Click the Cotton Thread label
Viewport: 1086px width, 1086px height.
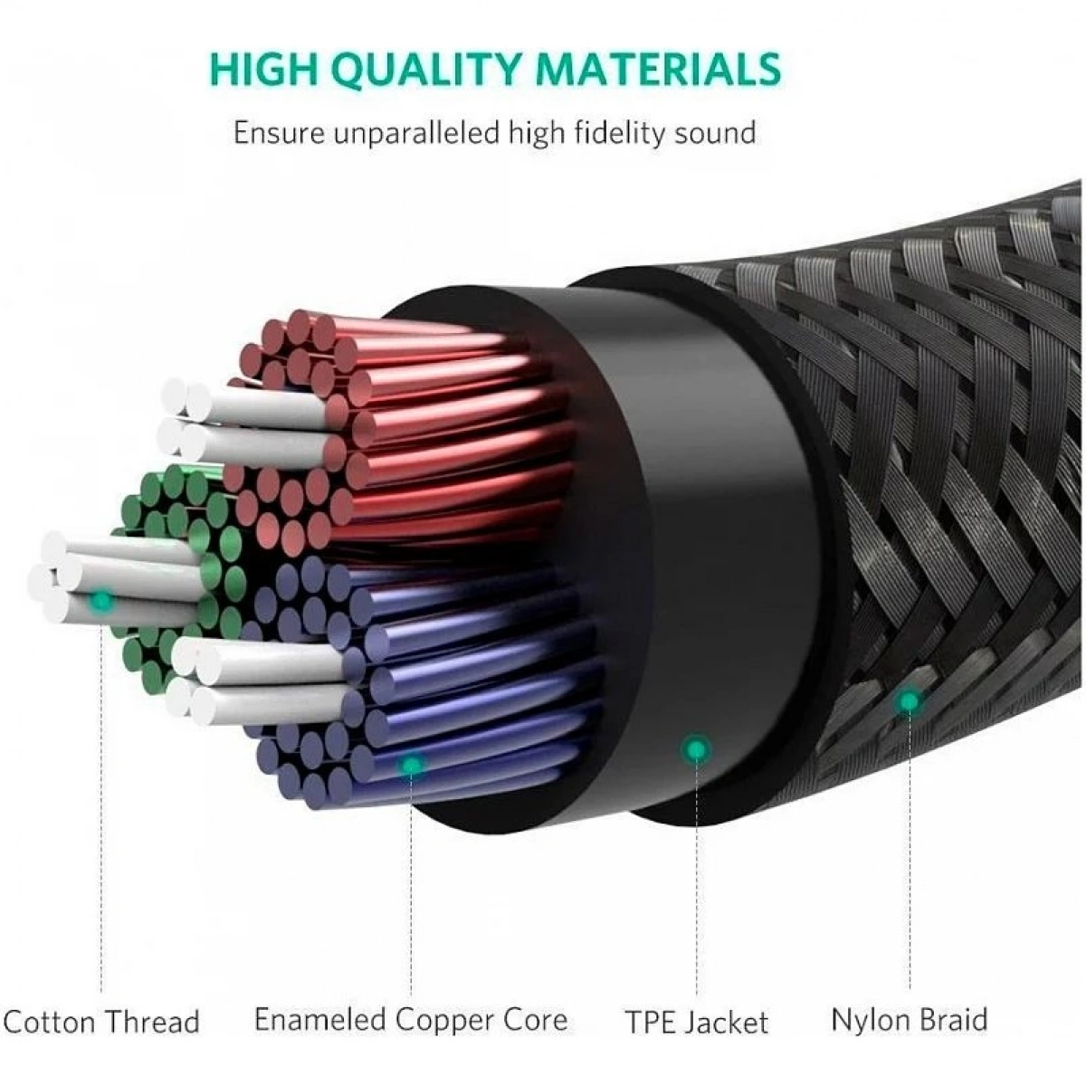click(x=101, y=1023)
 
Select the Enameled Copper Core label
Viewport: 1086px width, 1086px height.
click(x=411, y=1020)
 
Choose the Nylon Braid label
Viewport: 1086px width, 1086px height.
click(x=909, y=1020)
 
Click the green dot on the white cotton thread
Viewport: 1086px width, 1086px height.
click(x=102, y=599)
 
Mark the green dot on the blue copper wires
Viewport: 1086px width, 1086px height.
click(x=412, y=766)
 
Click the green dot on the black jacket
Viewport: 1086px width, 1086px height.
click(x=695, y=748)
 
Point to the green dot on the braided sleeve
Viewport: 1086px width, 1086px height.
click(x=908, y=700)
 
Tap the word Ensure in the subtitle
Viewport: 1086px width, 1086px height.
click(x=277, y=133)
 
